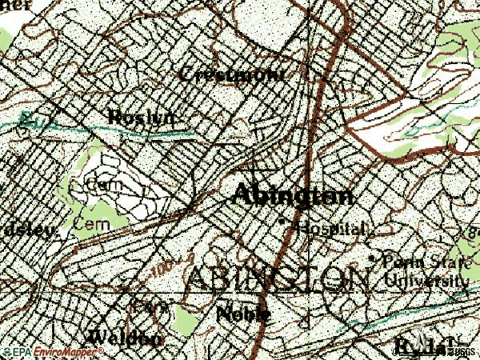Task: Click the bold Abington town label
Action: pos(293,194)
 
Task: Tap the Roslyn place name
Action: pos(140,117)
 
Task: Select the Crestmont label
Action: pos(231,74)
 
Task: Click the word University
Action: pos(426,280)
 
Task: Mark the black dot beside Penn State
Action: pos(372,259)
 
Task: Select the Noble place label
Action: pos(243,314)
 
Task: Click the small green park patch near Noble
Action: pos(184,321)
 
